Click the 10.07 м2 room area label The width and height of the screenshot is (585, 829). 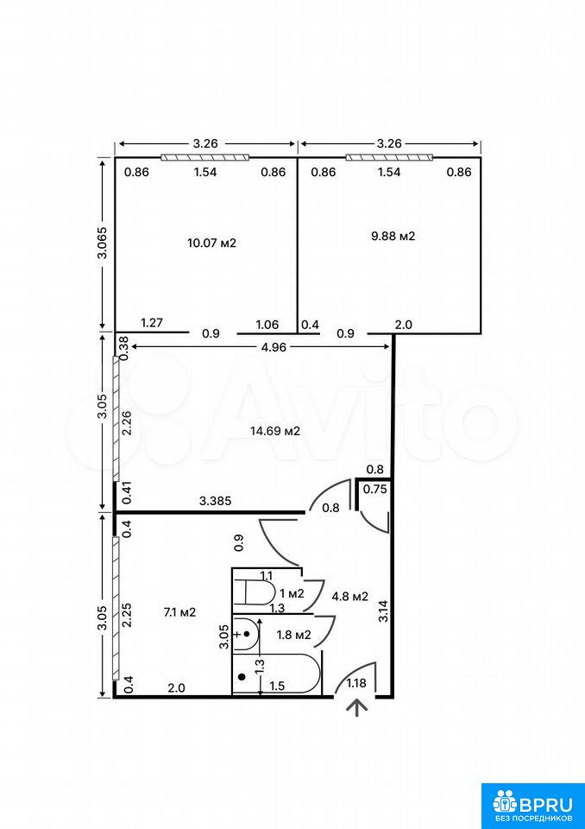211,244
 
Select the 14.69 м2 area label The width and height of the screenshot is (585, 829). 275,431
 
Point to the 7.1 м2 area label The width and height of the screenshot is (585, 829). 179,612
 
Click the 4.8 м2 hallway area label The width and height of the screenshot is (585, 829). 349,597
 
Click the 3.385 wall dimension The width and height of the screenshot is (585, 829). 216,501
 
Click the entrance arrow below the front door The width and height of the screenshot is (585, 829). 360,707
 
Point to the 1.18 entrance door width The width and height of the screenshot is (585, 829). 356,683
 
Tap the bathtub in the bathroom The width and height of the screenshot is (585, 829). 276,674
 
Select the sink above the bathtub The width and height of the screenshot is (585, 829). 246,634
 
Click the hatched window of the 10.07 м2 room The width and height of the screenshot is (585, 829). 205,157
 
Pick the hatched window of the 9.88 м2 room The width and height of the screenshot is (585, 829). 389,157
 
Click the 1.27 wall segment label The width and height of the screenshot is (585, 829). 151,323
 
